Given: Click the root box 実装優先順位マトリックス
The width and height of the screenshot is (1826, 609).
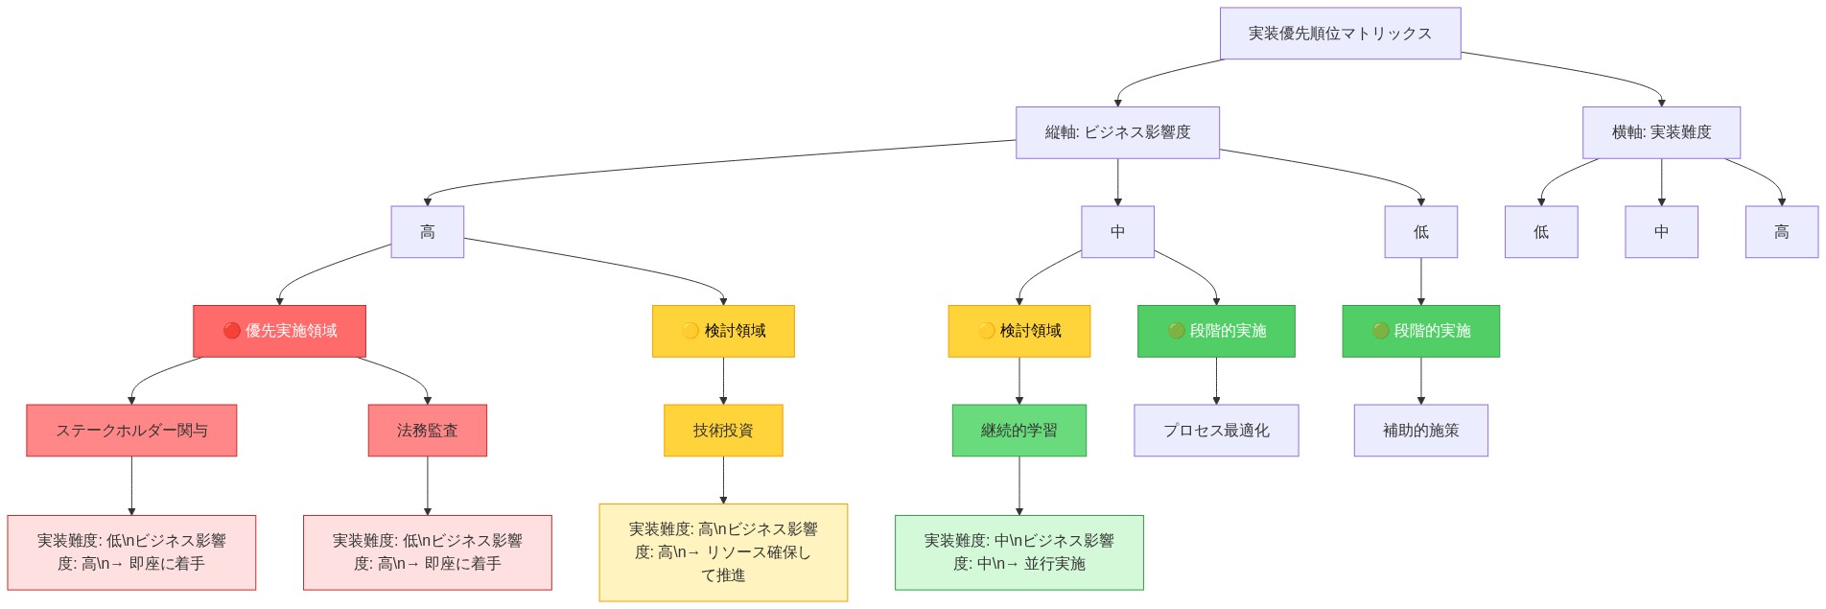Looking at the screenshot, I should (x=1340, y=34).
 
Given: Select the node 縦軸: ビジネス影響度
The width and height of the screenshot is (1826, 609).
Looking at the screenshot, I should (x=1117, y=132).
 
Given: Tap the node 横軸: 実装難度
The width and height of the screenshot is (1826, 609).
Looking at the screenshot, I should (x=1661, y=132).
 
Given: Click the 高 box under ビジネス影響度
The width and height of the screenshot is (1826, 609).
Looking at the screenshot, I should (x=427, y=232).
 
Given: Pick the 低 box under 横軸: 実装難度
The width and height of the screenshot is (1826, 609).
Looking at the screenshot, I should (x=1541, y=232).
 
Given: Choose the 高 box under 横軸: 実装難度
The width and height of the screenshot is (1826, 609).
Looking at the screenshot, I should (x=1781, y=232).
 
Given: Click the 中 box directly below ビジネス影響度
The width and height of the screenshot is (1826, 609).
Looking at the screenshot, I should (x=1117, y=232).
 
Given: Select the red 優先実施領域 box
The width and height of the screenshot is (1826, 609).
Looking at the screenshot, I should (x=279, y=331).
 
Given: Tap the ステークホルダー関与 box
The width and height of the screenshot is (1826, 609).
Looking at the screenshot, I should (x=131, y=431).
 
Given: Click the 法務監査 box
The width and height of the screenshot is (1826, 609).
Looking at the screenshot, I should (x=427, y=431).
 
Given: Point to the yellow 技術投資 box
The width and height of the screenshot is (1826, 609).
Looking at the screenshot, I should (x=723, y=431).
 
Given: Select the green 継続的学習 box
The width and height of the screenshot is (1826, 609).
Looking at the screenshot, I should (x=1018, y=431).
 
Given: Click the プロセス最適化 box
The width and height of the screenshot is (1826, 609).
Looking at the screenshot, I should (x=1216, y=431).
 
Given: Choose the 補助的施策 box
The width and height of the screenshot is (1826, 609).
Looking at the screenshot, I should (x=1420, y=431).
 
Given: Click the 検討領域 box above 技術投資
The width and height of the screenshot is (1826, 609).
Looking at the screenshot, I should (x=723, y=331).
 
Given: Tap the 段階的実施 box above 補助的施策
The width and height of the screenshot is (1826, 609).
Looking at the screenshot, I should (x=1420, y=331).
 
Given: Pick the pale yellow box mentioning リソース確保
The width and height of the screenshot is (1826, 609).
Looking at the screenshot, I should (x=723, y=552).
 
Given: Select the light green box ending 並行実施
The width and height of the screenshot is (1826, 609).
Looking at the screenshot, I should (x=1018, y=552).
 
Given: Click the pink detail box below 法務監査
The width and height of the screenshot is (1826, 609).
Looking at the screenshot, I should (x=427, y=552).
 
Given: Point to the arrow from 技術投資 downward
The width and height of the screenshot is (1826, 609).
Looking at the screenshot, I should (x=723, y=480).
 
